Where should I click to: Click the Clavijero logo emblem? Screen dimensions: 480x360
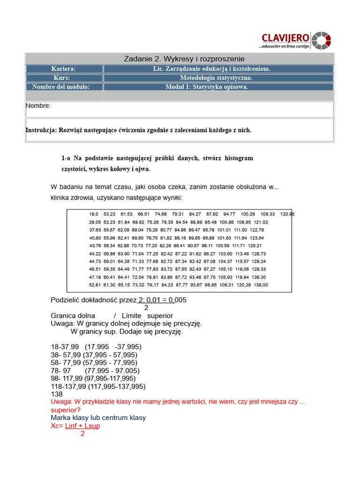point(321,40)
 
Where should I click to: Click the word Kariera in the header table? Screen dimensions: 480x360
point(63,69)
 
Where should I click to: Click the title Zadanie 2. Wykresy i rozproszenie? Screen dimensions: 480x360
point(184,59)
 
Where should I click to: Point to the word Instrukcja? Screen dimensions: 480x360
point(41,130)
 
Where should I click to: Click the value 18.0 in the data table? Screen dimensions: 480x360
point(94,214)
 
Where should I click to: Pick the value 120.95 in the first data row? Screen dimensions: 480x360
point(287,214)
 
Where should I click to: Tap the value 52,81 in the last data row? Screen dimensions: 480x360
point(95,285)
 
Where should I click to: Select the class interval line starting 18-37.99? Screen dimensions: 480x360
point(96,347)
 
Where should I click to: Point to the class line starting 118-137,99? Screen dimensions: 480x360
point(98,386)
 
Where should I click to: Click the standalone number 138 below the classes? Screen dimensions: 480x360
point(57,394)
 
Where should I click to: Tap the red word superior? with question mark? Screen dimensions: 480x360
point(66,410)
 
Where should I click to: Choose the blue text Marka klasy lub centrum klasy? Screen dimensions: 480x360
point(98,418)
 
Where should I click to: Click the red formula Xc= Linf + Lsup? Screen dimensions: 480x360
point(75,426)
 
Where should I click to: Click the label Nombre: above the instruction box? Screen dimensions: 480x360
point(38,106)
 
